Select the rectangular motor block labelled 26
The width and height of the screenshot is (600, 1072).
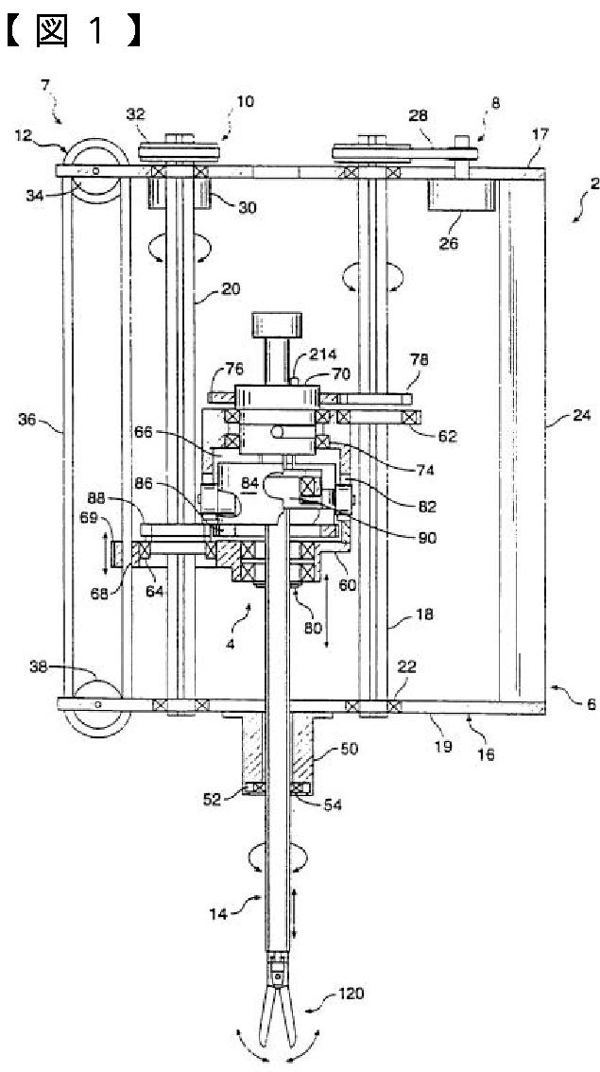462,195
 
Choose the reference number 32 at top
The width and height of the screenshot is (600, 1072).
134,113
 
